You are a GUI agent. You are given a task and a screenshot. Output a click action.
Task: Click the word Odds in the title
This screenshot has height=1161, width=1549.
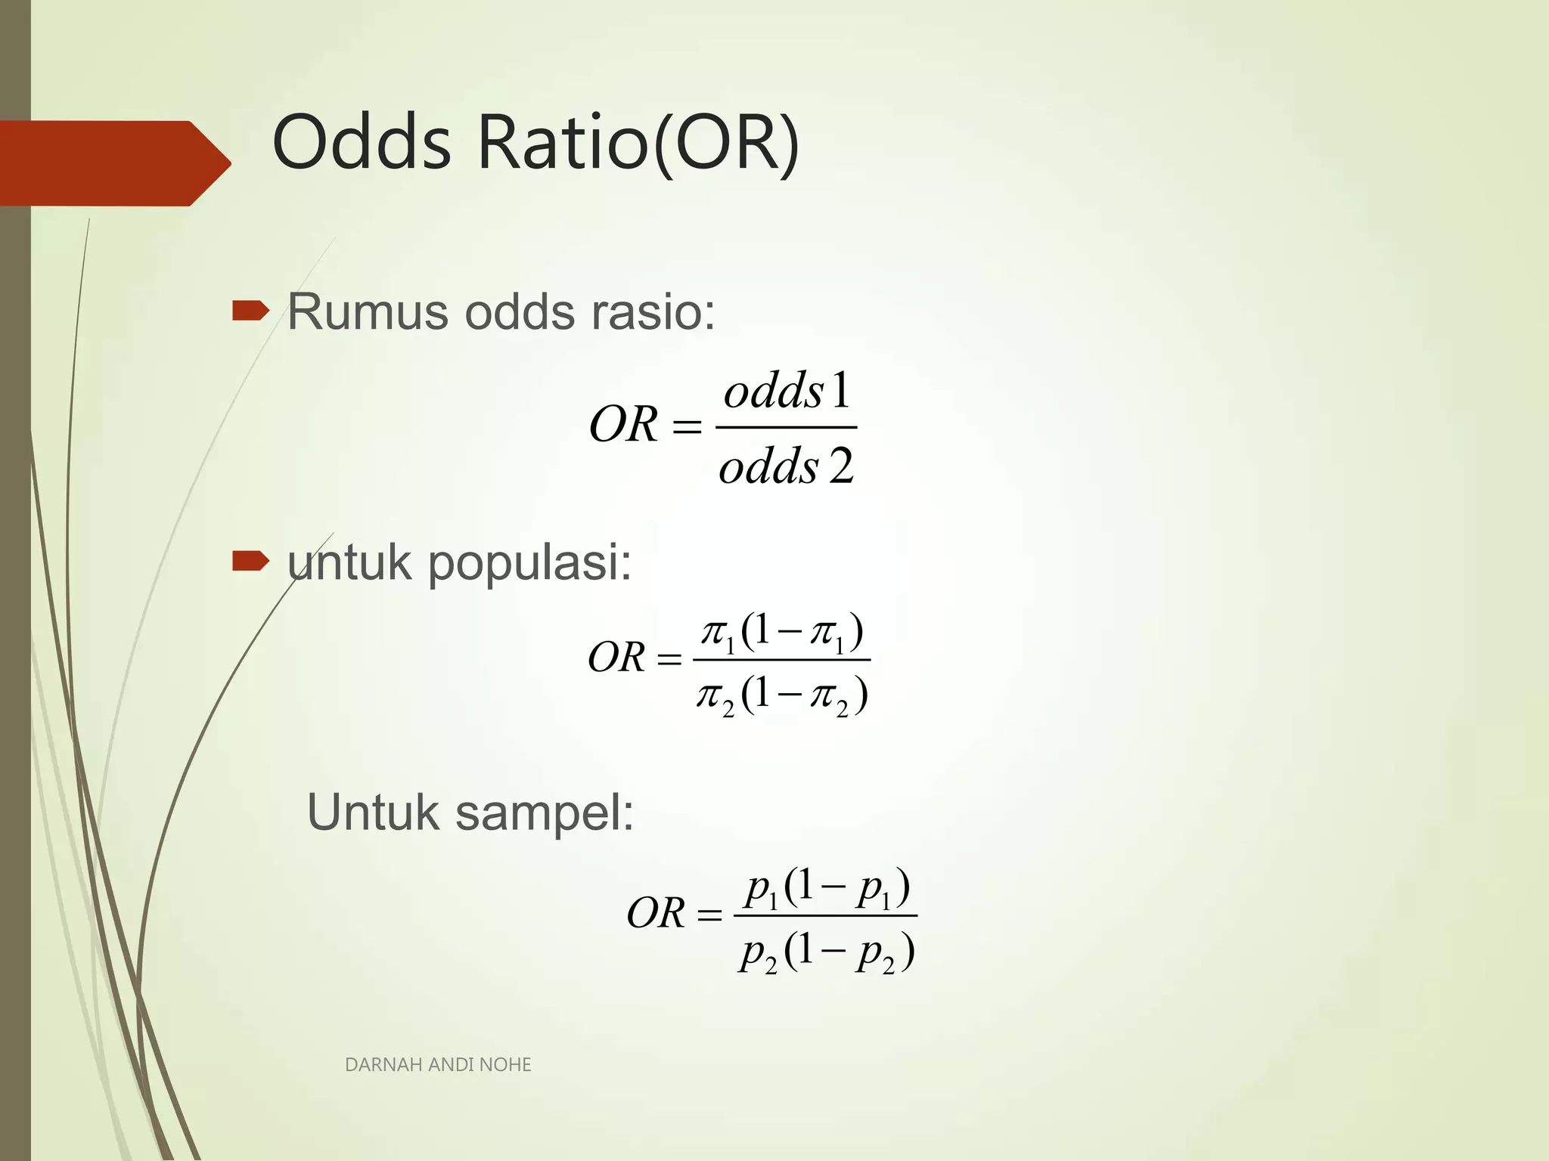(362, 142)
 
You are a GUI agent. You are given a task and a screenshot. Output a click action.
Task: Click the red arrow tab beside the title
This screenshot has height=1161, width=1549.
(113, 163)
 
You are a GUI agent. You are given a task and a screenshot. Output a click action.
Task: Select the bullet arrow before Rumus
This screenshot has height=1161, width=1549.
(250, 311)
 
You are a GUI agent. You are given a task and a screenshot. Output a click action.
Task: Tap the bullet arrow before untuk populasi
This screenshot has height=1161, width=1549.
(250, 561)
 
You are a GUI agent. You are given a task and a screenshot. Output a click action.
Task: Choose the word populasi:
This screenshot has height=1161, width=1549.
(529, 564)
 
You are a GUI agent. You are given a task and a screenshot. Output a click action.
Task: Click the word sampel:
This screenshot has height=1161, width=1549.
(545, 813)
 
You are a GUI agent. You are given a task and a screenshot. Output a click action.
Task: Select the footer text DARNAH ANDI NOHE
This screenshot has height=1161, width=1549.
(438, 1065)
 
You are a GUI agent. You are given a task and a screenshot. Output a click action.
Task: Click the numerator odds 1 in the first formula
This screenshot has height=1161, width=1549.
(787, 392)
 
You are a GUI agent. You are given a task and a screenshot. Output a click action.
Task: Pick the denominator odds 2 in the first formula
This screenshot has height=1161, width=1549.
(787, 466)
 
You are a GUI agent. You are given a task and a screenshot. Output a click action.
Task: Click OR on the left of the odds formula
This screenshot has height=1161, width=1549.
(623, 425)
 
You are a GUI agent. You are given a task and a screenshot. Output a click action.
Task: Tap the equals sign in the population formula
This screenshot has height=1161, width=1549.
(669, 659)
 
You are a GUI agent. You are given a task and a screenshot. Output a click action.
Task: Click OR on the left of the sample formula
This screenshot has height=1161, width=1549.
(656, 913)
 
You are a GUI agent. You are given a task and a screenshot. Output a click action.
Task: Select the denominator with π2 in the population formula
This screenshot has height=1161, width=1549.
(782, 695)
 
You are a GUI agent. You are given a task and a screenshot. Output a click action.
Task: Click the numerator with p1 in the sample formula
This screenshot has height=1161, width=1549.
(827, 888)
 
